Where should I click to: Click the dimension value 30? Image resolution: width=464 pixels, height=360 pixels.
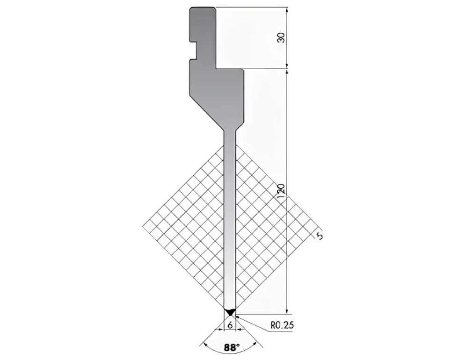[282, 37]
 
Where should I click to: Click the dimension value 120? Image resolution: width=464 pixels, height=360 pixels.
[282, 191]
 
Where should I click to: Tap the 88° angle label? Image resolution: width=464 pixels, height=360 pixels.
[232, 347]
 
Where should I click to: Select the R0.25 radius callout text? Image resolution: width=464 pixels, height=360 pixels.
[282, 325]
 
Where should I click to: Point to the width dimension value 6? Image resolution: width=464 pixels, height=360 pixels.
[230, 325]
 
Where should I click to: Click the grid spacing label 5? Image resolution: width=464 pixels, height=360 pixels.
[319, 236]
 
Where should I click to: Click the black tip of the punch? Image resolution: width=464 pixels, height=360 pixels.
[230, 312]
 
